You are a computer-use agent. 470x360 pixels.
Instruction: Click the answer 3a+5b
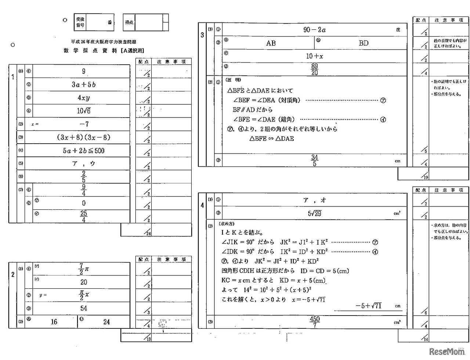click(84, 84)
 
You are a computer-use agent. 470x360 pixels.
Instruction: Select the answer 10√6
click(84, 111)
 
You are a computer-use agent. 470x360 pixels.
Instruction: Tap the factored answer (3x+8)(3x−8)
click(84, 137)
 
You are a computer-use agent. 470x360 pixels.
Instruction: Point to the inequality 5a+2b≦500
click(84, 151)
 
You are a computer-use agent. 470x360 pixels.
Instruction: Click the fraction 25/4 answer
click(84, 216)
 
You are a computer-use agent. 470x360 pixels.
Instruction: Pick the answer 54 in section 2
click(84, 308)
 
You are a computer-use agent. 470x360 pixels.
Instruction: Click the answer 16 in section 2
click(54, 322)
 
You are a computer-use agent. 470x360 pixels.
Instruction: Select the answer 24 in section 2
click(106, 322)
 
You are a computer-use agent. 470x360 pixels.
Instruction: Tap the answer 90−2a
click(315, 30)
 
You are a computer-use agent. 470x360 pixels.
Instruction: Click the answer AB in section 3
click(271, 43)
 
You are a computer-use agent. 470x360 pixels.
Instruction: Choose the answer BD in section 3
click(364, 43)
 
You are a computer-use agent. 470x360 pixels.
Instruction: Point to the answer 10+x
click(315, 56)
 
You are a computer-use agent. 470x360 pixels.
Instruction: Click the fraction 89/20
click(315, 69)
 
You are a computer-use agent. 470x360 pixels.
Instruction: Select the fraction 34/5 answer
click(315, 161)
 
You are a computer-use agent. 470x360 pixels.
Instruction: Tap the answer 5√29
click(315, 213)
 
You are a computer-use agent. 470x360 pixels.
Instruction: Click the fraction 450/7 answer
click(315, 322)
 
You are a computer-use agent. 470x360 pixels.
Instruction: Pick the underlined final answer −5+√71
click(368, 306)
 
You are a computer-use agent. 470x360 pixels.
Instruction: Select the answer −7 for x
click(84, 124)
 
